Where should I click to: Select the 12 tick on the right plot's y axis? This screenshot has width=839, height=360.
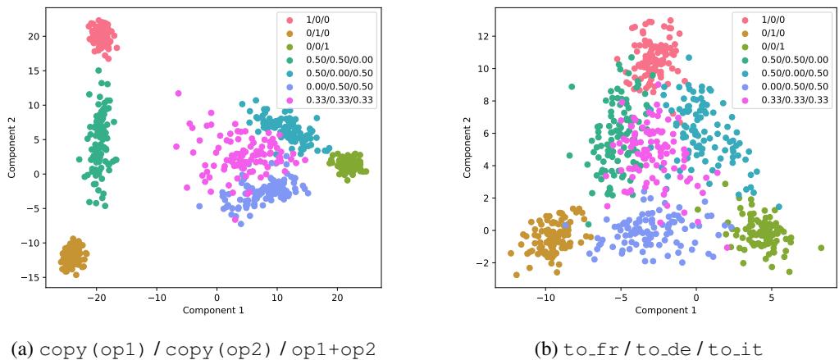[x=465, y=36]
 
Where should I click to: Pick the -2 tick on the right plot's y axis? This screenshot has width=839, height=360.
[x=465, y=262]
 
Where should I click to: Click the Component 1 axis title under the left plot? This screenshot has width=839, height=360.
[x=217, y=311]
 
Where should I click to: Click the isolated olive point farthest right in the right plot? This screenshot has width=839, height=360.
[x=820, y=247]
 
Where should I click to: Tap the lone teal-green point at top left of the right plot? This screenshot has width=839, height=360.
[x=571, y=86]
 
